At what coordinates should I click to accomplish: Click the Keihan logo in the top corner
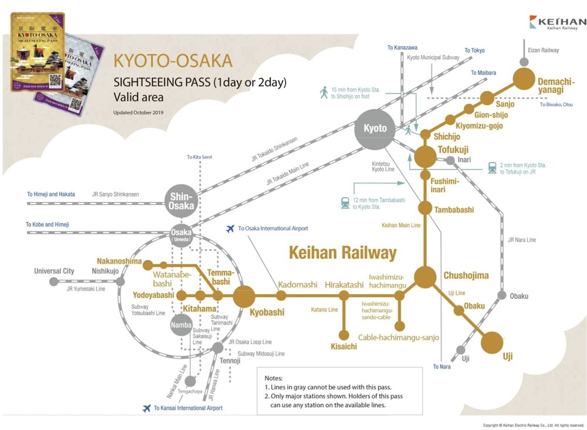click(x=557, y=22)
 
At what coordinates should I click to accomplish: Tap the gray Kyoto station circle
click(x=375, y=128)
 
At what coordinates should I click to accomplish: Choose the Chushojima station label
click(x=466, y=275)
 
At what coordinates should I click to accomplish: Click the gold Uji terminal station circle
click(x=492, y=343)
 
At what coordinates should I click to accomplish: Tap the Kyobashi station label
click(x=266, y=312)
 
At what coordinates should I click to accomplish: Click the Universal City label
click(x=54, y=271)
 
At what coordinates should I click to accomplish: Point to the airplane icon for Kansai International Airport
click(x=147, y=408)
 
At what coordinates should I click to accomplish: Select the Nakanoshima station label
click(x=120, y=262)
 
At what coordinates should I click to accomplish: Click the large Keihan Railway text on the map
click(x=343, y=253)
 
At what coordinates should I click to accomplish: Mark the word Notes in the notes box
click(x=274, y=378)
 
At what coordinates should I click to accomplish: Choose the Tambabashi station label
click(x=454, y=209)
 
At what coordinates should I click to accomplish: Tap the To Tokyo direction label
click(x=474, y=50)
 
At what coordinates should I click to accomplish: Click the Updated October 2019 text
click(x=138, y=111)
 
